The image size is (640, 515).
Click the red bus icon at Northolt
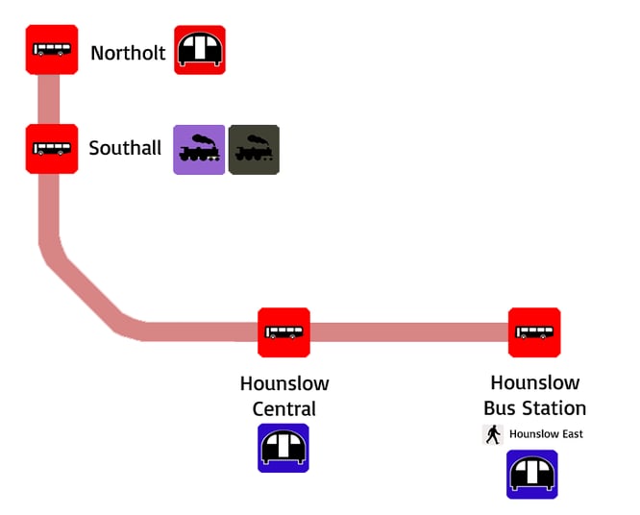click(51, 50)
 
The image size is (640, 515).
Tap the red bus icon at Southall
click(51, 149)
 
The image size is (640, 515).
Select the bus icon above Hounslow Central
click(283, 332)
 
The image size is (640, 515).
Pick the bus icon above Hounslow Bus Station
click(534, 332)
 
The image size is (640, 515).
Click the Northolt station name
click(128, 53)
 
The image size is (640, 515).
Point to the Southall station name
click(125, 149)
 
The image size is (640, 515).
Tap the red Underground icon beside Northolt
click(200, 50)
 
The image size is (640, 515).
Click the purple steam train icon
click(199, 150)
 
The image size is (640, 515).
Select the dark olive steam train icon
click(254, 150)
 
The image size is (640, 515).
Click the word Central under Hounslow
click(283, 408)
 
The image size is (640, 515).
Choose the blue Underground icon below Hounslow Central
click(283, 448)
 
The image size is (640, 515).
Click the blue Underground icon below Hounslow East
click(532, 475)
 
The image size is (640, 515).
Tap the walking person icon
click(493, 434)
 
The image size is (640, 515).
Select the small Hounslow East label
click(546, 434)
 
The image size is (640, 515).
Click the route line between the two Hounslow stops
click(408, 332)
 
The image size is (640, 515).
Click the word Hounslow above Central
click(284, 384)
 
